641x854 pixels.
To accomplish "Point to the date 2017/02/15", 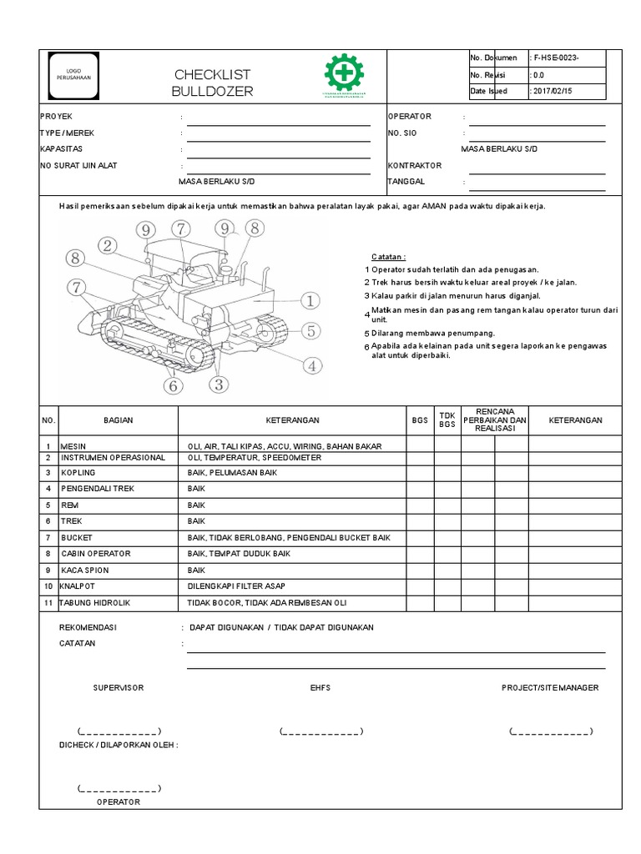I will click(553, 91).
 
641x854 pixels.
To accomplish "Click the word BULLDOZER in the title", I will click(212, 91).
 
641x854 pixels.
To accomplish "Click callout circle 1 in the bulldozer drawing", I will click(309, 300).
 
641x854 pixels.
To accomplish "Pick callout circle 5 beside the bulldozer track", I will click(310, 330).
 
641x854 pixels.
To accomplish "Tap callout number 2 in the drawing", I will click(107, 244).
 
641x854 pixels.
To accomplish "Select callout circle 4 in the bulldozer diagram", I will click(311, 364).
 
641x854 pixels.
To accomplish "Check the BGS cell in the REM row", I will click(420, 505).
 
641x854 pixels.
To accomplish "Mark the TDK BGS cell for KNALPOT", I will click(447, 586).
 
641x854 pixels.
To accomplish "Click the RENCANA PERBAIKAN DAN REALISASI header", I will click(495, 420).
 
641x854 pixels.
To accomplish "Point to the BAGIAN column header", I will click(118, 420).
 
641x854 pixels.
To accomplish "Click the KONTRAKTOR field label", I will click(415, 165).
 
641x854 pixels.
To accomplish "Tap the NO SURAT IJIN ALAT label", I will click(78, 165).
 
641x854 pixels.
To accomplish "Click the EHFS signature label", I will click(320, 687).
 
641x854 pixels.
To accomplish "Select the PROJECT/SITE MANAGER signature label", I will click(549, 687).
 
